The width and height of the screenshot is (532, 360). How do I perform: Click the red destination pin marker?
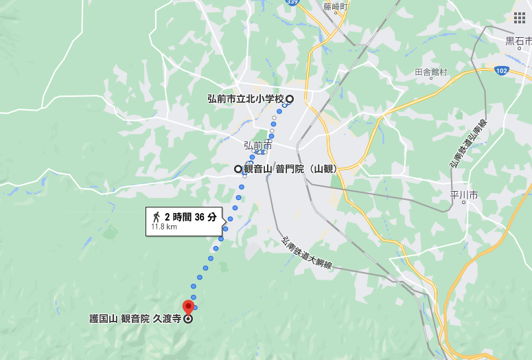coord(188,306)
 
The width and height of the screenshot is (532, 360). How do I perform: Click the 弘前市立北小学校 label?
coord(245,99)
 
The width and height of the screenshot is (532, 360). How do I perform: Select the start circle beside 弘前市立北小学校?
coord(290,98)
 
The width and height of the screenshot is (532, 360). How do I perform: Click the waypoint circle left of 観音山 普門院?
coord(238,169)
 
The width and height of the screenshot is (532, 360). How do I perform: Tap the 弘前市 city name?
coord(257,146)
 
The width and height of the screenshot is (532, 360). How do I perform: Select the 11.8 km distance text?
coord(164,227)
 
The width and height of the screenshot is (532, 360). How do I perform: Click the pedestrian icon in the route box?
coord(156,216)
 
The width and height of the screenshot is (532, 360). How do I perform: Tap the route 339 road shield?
coord(293,2)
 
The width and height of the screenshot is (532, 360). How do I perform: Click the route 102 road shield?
coord(502,70)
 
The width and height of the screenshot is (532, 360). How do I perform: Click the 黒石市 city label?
coord(519,41)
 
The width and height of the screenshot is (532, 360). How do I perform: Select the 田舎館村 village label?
coord(430,72)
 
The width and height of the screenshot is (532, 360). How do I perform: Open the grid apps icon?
coord(519,17)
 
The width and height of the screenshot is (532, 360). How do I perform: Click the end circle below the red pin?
coord(188,319)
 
